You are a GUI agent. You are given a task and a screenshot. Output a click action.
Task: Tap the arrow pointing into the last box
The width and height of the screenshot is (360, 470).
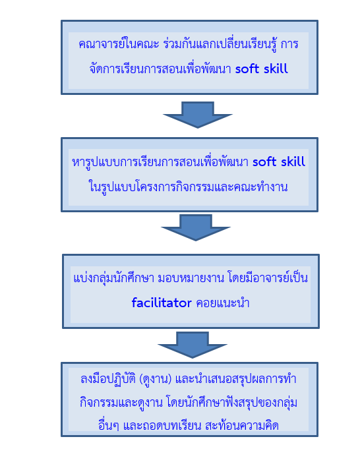tap(193, 345)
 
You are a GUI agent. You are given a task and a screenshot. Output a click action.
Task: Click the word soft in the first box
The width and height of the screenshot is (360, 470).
tap(247, 69)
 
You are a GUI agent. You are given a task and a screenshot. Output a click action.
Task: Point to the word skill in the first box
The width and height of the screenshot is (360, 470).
tap(276, 69)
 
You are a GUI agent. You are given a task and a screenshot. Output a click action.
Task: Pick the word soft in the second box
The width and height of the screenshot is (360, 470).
tap(264, 162)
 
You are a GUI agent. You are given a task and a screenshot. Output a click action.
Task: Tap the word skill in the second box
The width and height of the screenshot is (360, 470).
tap(293, 162)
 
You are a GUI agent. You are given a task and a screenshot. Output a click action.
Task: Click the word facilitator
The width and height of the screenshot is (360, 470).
tap(162, 303)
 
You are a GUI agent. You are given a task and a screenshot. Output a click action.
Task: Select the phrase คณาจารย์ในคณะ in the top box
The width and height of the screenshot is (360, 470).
tap(119, 44)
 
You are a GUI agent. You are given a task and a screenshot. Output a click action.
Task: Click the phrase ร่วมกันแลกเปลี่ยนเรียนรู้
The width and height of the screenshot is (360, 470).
tap(220, 44)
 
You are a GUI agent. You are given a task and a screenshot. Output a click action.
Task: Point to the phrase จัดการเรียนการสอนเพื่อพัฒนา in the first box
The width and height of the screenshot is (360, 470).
tap(160, 69)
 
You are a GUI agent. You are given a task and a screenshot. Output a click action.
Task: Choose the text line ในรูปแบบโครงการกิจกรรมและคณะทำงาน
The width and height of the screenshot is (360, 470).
tap(189, 187)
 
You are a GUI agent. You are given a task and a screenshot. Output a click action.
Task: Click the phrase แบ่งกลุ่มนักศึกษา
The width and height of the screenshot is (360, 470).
tap(113, 278)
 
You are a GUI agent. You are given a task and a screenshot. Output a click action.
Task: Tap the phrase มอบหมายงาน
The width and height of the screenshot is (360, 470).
tap(191, 278)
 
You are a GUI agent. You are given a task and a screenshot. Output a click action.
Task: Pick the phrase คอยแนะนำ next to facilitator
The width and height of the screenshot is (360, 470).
tap(223, 303)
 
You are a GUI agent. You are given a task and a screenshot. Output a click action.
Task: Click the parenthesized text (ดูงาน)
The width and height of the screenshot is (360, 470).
tap(156, 379)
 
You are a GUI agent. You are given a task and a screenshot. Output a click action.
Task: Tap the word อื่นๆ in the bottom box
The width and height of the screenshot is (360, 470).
tap(109, 425)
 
